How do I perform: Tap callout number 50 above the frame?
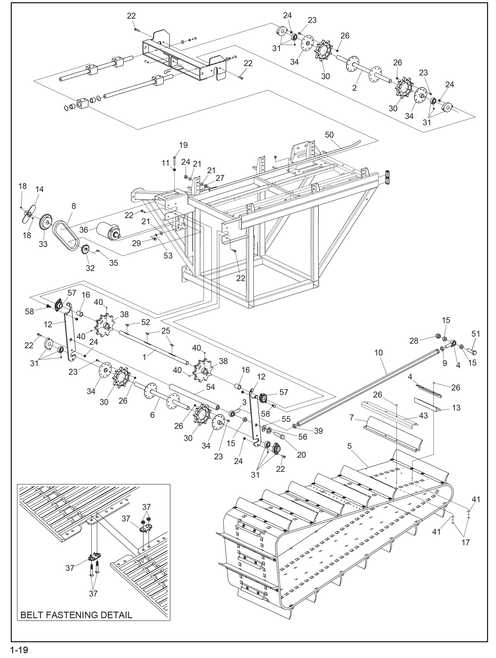(329, 135)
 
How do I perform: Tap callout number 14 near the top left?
(40, 189)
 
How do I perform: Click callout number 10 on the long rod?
(378, 353)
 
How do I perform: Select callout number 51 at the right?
(476, 334)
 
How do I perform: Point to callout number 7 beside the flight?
(352, 418)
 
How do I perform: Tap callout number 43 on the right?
(423, 415)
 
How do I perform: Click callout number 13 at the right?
(456, 408)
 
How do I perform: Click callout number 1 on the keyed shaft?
(144, 357)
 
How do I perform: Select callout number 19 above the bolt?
(183, 145)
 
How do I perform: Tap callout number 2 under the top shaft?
(354, 88)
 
